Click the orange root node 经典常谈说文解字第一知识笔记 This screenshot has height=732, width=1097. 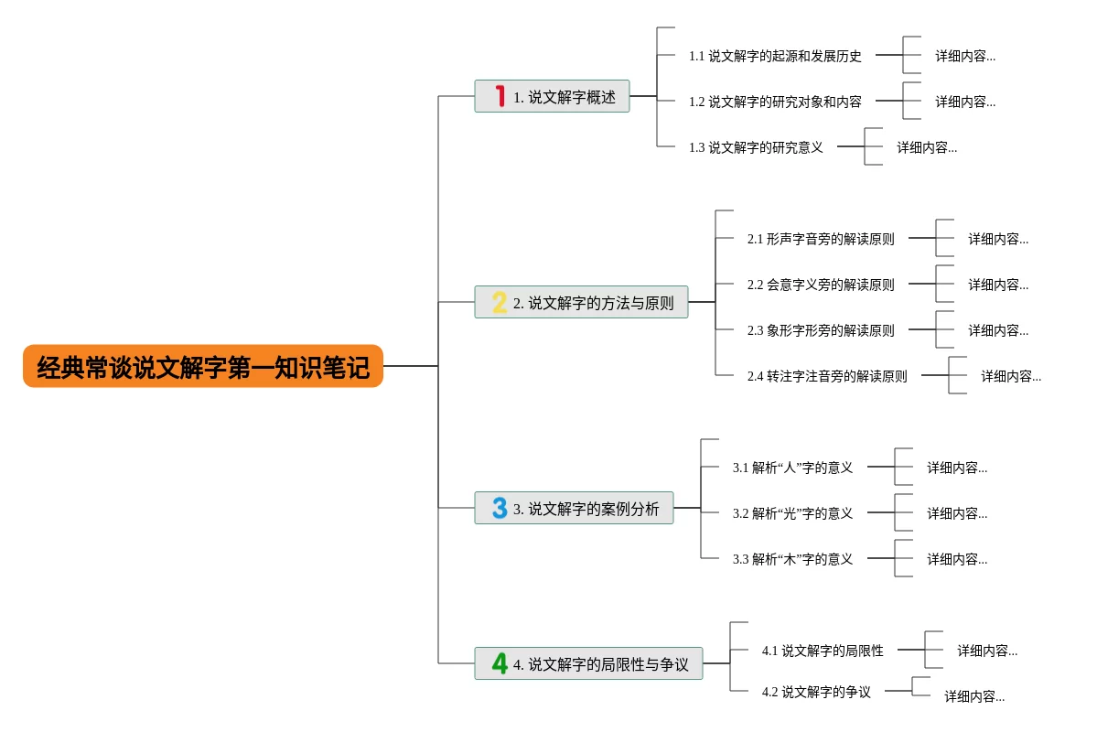click(203, 366)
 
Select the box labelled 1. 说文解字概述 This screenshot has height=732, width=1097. click(552, 97)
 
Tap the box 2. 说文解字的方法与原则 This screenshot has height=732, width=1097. click(581, 302)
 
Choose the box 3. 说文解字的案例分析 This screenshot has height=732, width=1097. click(574, 508)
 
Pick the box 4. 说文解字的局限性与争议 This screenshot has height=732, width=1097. click(588, 663)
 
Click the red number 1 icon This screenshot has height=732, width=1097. click(500, 96)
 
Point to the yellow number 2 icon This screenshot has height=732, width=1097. click(500, 302)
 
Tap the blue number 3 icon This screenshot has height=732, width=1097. click(500, 508)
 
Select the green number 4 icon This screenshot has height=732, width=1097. click(500, 662)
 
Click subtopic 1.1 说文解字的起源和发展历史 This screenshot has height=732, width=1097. click(774, 56)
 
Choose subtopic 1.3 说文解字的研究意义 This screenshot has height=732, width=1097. click(756, 147)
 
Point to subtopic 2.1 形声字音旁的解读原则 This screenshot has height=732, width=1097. click(821, 240)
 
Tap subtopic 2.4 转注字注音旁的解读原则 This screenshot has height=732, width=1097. click(827, 376)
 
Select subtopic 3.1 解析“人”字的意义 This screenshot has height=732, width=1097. click(792, 468)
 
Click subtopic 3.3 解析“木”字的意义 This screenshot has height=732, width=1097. click(792, 559)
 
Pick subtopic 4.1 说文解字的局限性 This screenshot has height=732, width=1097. click(822, 651)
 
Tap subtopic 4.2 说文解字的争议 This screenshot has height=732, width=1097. click(816, 692)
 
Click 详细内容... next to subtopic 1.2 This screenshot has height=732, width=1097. click(964, 102)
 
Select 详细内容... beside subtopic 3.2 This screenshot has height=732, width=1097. click(956, 513)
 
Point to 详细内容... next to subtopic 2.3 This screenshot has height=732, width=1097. click(997, 330)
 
